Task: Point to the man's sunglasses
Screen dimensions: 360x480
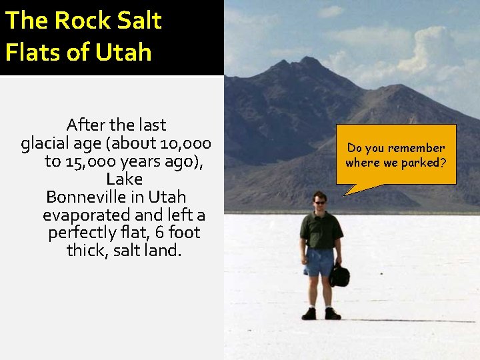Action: [x=320, y=202]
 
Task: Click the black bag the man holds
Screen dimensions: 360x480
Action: [x=340, y=275]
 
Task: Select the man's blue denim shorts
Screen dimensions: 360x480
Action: [x=320, y=261]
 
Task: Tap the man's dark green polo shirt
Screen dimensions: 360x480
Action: [x=321, y=229]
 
